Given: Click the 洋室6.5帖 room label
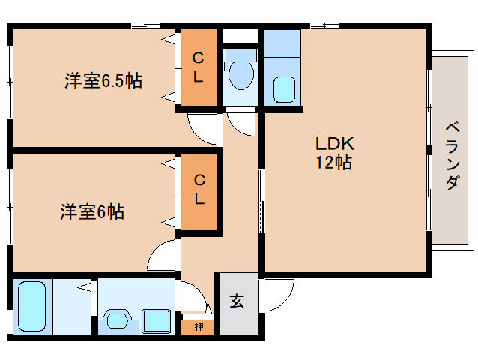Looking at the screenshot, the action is click(x=103, y=81).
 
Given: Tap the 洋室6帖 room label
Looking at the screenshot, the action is click(x=92, y=211).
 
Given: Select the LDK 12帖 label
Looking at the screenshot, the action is click(x=334, y=152).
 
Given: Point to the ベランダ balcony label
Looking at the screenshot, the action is click(x=453, y=156).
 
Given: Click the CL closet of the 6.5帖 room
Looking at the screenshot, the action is click(x=199, y=67).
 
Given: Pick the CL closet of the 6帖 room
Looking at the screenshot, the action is click(x=199, y=191).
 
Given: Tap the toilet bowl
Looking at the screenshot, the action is click(x=240, y=75).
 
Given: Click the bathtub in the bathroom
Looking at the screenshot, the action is click(x=31, y=306).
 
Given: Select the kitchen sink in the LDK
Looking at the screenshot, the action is click(x=284, y=89).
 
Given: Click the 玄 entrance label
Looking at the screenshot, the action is click(x=237, y=301).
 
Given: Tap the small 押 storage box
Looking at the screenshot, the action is click(x=198, y=327).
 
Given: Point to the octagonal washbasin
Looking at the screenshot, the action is click(x=118, y=321).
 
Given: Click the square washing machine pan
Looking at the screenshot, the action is click(x=157, y=321).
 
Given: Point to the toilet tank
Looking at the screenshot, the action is click(x=240, y=55).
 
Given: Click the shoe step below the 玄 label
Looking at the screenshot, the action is click(x=239, y=325).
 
